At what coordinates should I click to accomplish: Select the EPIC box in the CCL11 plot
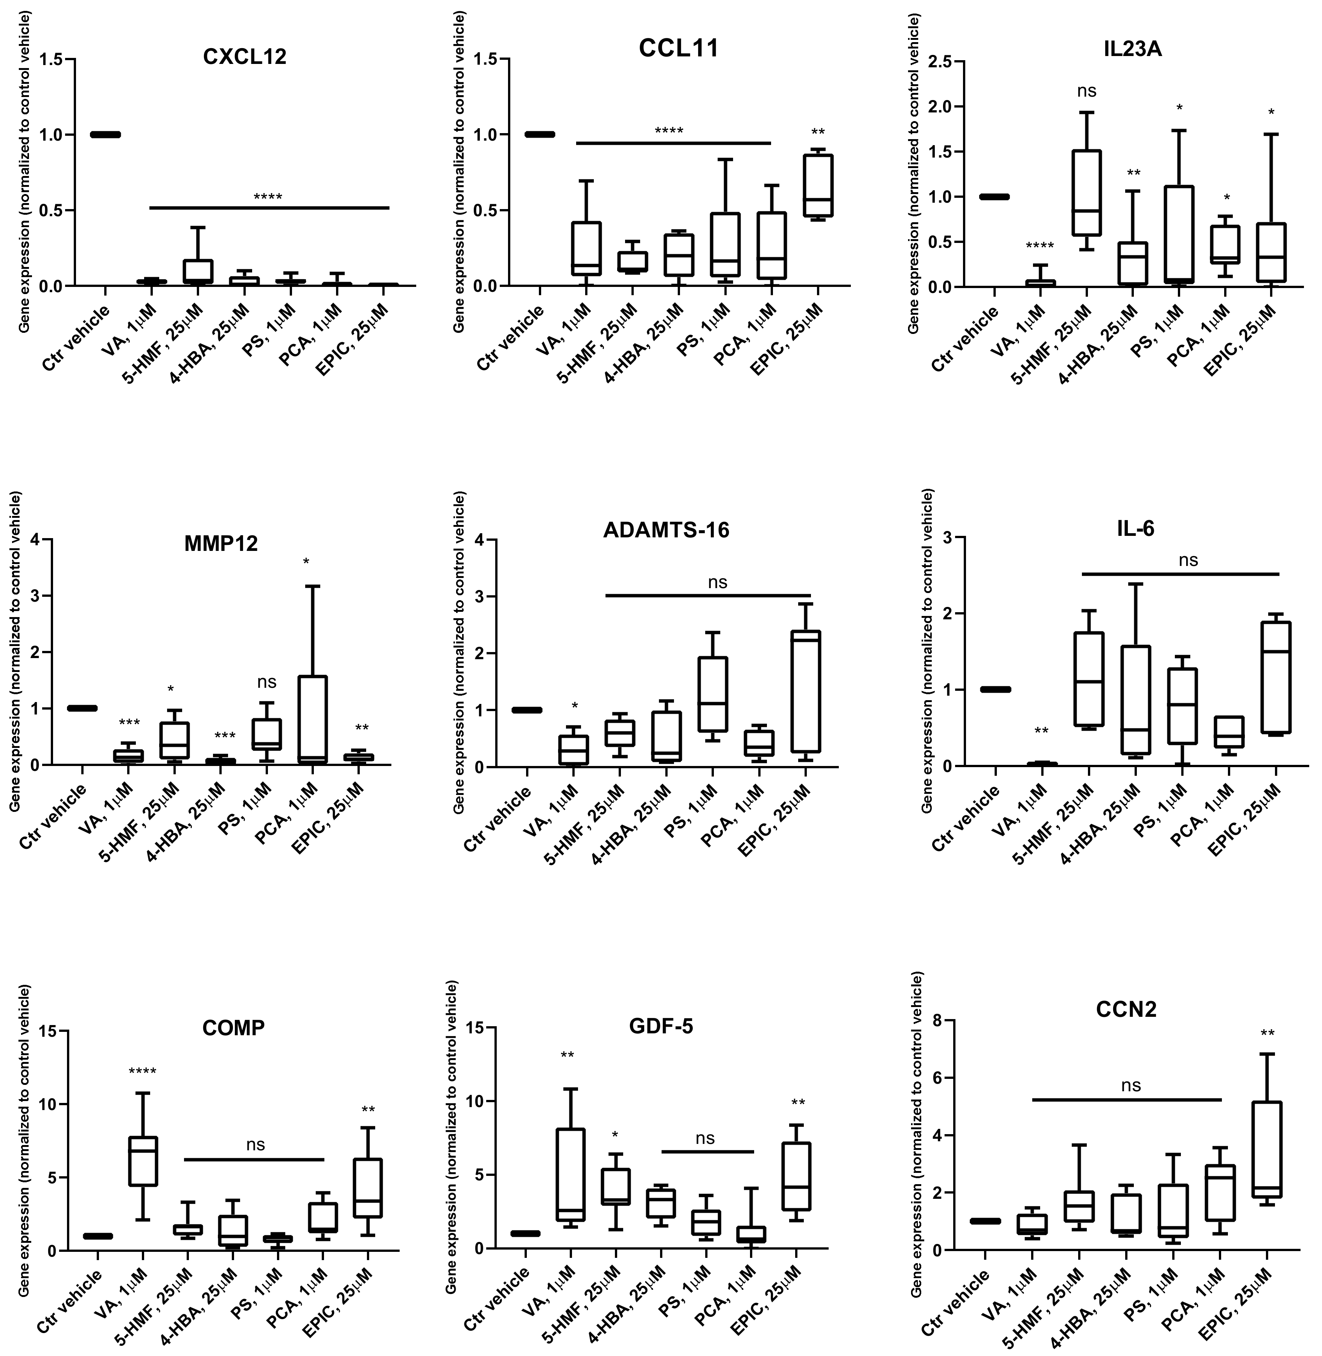pos(818,186)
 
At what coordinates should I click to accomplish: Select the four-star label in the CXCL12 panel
pos(268,197)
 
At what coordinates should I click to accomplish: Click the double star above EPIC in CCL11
pos(817,132)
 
